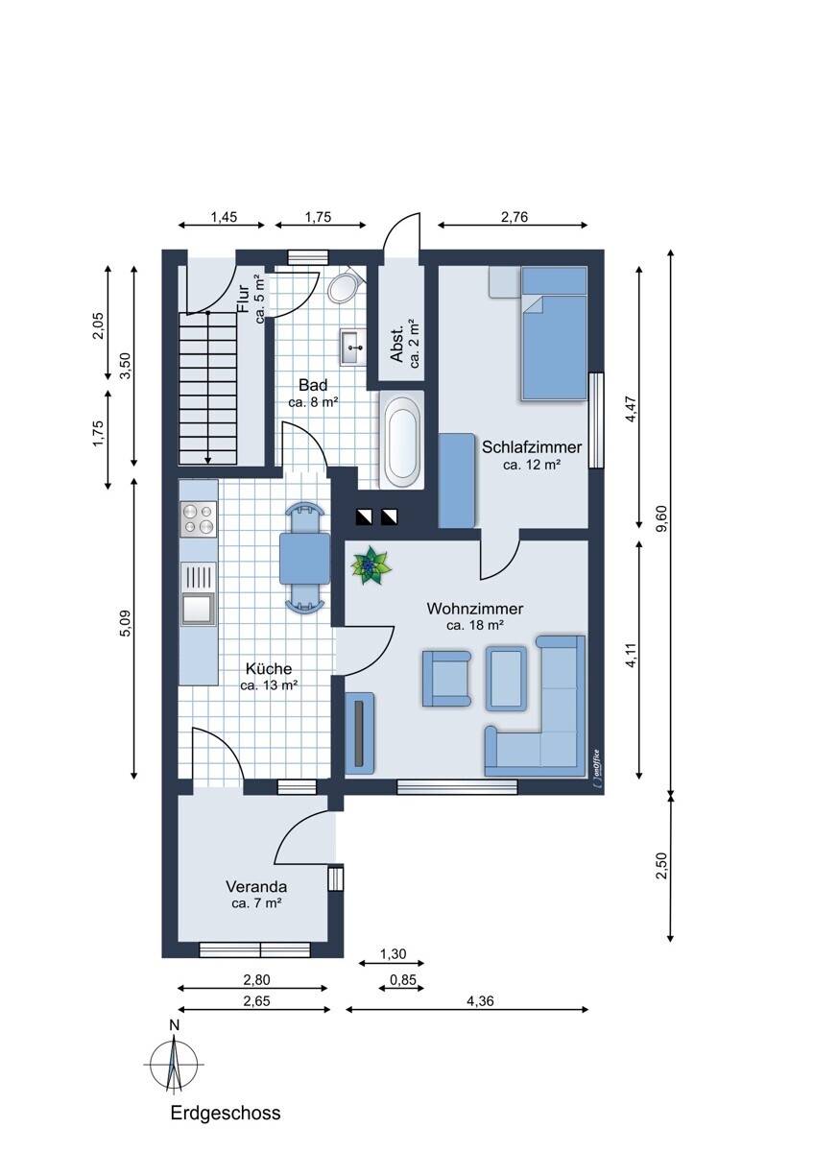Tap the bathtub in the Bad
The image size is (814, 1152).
[x=401, y=440]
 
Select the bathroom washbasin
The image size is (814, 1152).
[x=352, y=348]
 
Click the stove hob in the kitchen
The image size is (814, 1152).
[x=199, y=518]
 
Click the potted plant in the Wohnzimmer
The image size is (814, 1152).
[x=371, y=565]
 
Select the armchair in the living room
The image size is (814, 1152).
[x=446, y=678]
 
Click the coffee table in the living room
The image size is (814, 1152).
[x=507, y=679]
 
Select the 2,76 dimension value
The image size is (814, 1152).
[x=515, y=217]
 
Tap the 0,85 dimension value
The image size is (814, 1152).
[x=402, y=979]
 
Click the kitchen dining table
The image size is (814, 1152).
[x=304, y=558]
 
